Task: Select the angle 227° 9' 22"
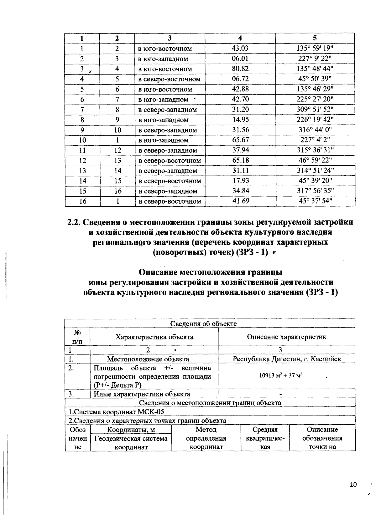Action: pos(315,59)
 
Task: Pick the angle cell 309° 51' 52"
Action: pos(315,110)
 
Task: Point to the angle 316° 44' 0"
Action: pos(315,130)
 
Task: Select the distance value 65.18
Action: pos(240,160)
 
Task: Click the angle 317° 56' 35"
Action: pos(315,191)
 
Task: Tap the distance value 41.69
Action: pos(241,201)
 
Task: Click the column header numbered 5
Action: pos(315,38)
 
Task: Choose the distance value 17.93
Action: pos(240,181)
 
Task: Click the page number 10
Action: pos(353,485)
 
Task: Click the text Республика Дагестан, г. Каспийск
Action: pos(287,359)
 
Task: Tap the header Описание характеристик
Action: pos(286,337)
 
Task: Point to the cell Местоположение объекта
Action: pos(148,359)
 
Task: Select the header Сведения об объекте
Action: pos(203,323)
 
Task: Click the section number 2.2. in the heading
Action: pos(74,222)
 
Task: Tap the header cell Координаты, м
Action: pos(131,430)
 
